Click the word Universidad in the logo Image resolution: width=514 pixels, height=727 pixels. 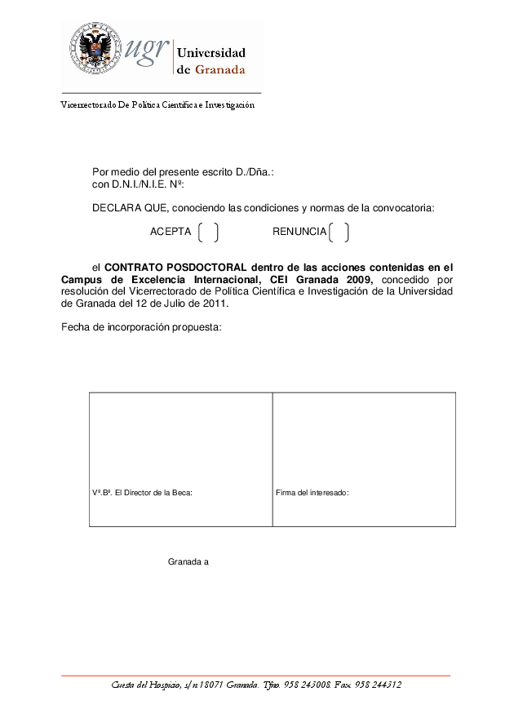point(211,53)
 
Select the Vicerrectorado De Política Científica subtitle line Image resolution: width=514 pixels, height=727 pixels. point(158,104)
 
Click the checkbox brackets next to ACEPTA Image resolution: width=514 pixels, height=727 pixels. point(208,233)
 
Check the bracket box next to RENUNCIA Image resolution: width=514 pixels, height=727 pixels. point(339,233)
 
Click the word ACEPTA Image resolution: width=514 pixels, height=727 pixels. point(171,233)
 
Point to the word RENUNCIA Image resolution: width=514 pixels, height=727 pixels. point(299,233)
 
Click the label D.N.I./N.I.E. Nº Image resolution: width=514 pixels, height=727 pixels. point(138,184)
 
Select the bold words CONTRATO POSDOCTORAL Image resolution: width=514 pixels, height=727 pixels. point(175,267)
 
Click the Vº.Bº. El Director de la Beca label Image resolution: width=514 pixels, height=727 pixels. point(142,493)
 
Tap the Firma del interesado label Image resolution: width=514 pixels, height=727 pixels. point(312,493)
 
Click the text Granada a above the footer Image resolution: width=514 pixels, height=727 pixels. point(188,562)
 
